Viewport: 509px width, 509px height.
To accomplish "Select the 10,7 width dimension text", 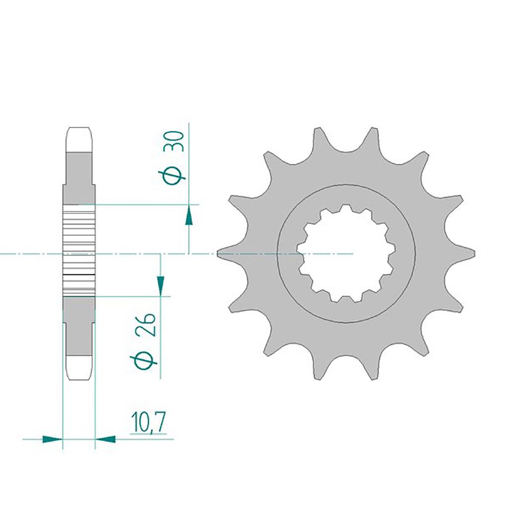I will (149, 423).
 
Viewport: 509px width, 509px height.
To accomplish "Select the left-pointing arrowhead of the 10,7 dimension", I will (105, 439).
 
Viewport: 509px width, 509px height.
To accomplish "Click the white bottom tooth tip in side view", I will (79, 368).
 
